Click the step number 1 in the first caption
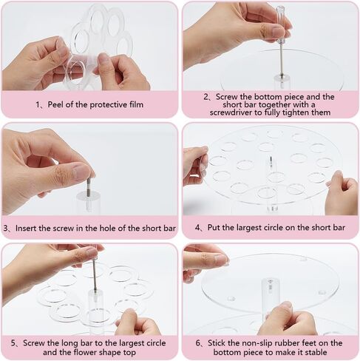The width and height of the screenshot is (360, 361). pyautogui.click(x=38, y=105)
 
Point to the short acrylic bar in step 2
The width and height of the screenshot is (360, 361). pyautogui.click(x=282, y=83)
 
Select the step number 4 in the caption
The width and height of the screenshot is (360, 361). pyautogui.click(x=198, y=228)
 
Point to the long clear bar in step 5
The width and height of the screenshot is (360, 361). pyautogui.click(x=95, y=311)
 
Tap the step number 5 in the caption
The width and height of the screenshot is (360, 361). pyautogui.click(x=13, y=343)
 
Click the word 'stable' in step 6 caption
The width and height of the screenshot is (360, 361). pyautogui.click(x=314, y=352)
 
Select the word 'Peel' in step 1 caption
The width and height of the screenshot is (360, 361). pyautogui.click(x=55, y=104)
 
